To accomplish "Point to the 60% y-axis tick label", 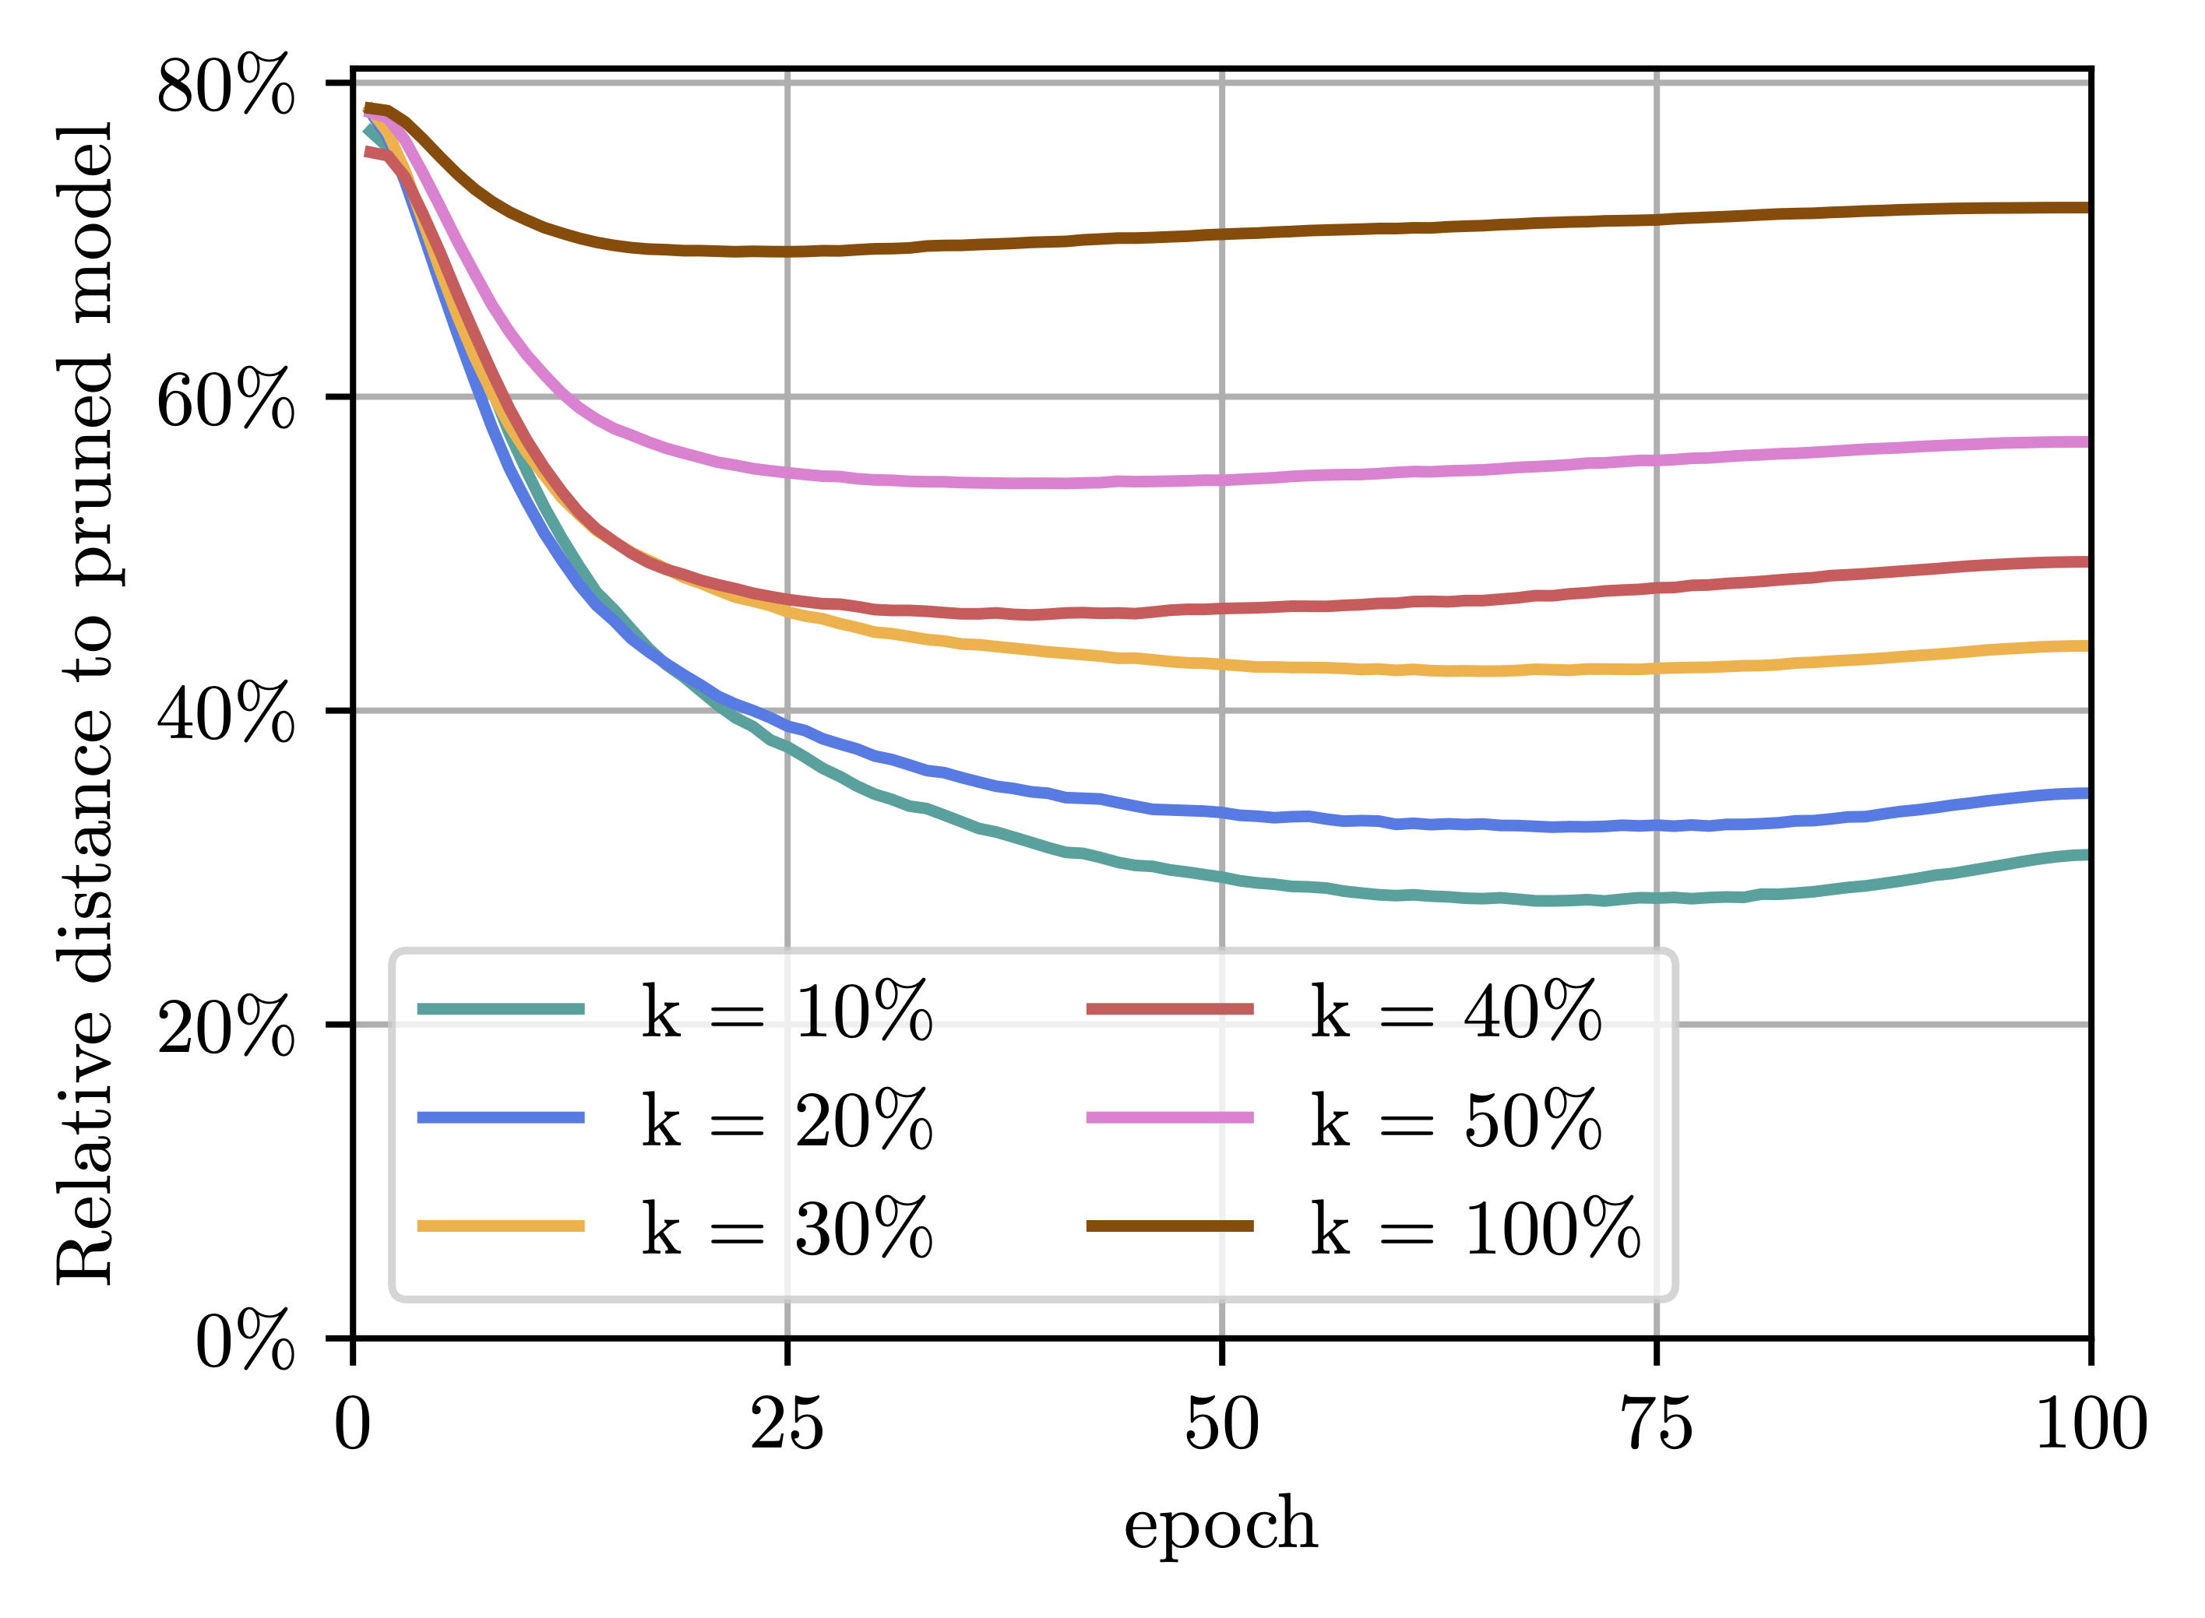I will [x=225, y=399].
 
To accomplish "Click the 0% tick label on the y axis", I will [x=245, y=1341].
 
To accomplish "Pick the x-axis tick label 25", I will [x=787, y=1426].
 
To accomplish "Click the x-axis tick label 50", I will [x=1221, y=1426].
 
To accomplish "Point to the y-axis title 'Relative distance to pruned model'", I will [x=86, y=703].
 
